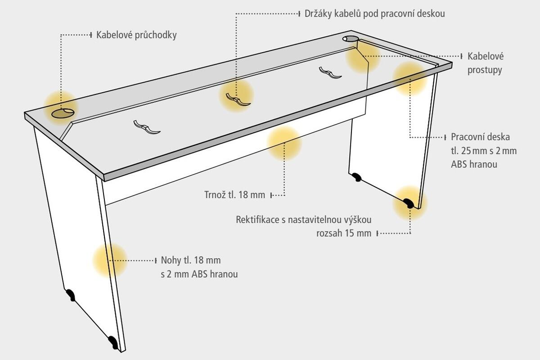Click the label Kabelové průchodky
coord(136,35)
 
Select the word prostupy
coord(485,70)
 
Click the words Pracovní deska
coord(480,137)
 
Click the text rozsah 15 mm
coord(344,234)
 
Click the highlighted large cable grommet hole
coord(63,113)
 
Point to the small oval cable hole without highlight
coord(351,39)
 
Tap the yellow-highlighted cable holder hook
coord(238,99)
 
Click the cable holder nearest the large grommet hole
coord(147,127)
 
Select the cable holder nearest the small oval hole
coord(330,72)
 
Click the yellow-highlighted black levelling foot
coord(409,203)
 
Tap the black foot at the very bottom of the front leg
coord(113,342)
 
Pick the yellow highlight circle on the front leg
coord(110,261)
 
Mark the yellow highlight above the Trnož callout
coord(284,144)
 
